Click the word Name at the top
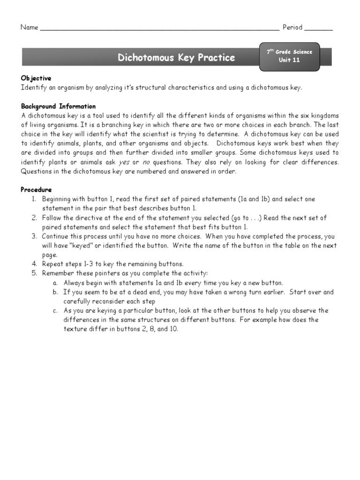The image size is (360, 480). (x=29, y=27)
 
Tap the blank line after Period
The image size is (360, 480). (x=319, y=29)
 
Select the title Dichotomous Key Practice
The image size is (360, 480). (x=176, y=58)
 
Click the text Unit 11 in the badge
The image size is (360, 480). (x=289, y=60)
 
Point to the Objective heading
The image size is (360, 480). (x=36, y=78)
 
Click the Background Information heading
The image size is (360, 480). (x=58, y=106)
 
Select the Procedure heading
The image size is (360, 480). (x=36, y=190)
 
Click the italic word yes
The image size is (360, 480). (x=124, y=162)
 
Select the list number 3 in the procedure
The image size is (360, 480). (x=34, y=236)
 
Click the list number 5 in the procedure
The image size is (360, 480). (x=34, y=273)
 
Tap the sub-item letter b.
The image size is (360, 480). (x=55, y=292)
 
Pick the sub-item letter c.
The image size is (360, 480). (x=55, y=310)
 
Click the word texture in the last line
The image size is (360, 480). (x=75, y=329)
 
